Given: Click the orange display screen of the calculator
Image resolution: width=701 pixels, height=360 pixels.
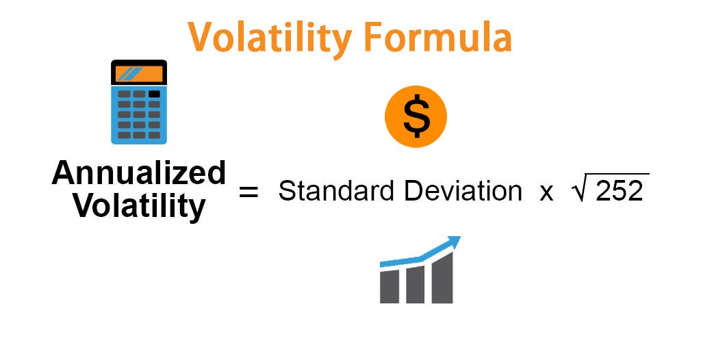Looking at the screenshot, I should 139,74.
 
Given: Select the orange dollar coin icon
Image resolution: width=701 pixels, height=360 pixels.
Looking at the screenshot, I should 416,117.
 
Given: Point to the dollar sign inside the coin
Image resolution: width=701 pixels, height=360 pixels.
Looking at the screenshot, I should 416,117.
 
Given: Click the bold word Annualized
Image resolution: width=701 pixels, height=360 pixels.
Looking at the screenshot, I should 139,175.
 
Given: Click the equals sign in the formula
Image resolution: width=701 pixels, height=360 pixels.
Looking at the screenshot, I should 248,192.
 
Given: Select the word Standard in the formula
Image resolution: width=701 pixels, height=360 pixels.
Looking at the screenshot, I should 337,191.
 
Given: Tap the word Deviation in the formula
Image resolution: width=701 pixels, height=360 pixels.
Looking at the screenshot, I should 462,191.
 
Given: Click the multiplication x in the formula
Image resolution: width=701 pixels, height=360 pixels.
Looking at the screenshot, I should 546,192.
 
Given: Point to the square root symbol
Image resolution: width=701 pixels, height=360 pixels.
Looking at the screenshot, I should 578,190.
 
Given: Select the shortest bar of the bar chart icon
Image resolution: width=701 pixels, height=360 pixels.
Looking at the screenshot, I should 390,286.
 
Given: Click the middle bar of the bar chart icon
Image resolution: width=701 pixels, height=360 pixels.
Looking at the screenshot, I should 415,284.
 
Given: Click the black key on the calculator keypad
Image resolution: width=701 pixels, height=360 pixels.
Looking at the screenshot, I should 155,94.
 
